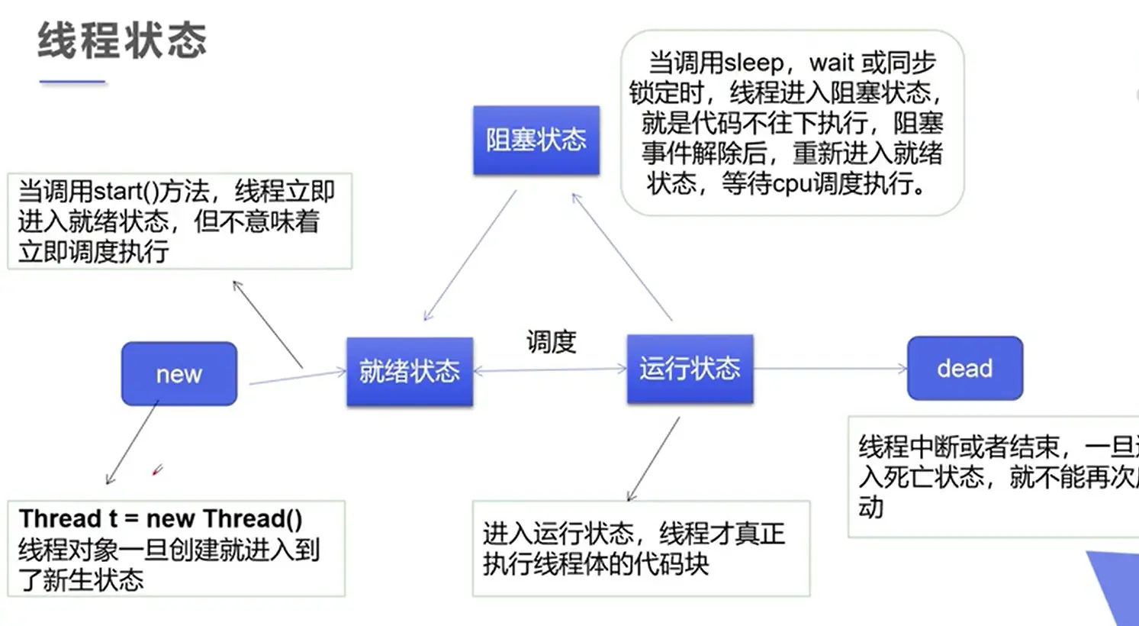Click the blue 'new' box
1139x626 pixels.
[179, 373]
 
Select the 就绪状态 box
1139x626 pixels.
[410, 371]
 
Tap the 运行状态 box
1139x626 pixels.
[690, 369]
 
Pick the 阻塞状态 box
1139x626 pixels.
[536, 140]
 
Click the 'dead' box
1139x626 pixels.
[964, 368]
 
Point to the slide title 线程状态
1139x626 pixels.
[122, 40]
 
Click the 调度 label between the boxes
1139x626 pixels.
[551, 340]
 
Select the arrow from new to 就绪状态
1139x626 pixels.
[298, 376]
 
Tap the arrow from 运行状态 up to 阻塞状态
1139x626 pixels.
[622, 257]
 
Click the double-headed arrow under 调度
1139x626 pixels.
[550, 370]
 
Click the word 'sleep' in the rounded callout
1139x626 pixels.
[754, 63]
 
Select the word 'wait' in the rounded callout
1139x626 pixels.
[832, 63]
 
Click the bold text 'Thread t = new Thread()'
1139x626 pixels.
[161, 518]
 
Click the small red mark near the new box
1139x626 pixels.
[157, 470]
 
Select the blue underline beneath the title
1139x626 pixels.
[72, 82]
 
